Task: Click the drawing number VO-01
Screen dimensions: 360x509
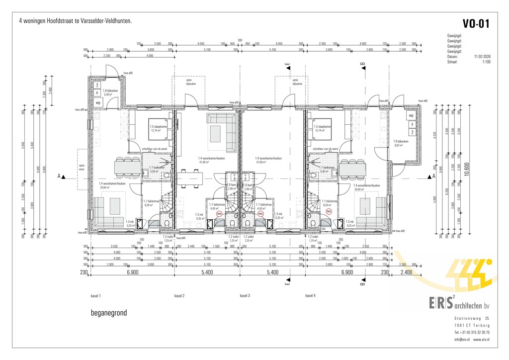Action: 476,24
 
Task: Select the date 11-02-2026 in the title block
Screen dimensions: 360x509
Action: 482,57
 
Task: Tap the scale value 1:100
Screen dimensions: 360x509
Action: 486,62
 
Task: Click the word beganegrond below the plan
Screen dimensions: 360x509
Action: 109,313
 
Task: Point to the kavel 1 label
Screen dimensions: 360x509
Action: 96,296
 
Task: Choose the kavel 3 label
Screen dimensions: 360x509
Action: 245,296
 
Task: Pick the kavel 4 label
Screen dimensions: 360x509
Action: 311,296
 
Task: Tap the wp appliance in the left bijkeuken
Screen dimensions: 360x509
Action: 98,103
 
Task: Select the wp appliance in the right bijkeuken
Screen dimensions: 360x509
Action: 411,115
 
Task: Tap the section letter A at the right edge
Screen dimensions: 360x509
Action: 434,176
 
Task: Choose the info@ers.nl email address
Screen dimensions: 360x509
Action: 462,340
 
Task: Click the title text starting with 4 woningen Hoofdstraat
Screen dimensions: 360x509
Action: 75,22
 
